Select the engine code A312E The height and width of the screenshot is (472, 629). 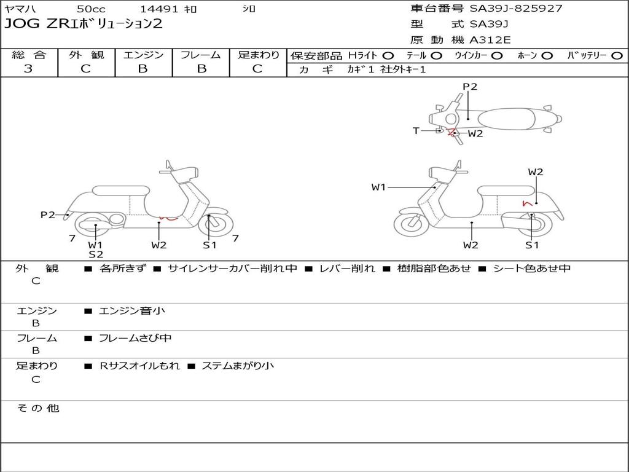point(490,40)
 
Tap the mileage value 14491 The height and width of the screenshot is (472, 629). point(159,9)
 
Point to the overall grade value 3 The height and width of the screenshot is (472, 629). point(28,69)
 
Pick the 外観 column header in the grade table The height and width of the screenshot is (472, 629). point(86,55)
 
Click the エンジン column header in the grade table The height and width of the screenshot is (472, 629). point(143,55)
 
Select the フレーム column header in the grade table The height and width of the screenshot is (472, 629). point(200,55)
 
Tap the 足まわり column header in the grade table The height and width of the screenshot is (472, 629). point(258,55)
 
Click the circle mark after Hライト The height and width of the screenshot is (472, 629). point(388,55)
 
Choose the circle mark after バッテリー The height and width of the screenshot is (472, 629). point(617,55)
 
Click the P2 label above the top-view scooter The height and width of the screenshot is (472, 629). point(470,87)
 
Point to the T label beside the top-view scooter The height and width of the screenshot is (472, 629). point(416,131)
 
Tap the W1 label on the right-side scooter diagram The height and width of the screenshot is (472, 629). point(378,187)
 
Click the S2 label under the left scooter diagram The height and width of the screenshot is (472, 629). point(95,254)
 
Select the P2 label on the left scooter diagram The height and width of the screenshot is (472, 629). point(47,214)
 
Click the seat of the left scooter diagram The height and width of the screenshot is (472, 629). point(120,191)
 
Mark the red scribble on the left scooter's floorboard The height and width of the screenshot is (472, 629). point(168,217)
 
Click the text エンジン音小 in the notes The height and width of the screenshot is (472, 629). point(132,311)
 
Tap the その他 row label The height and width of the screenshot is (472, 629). point(38,407)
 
